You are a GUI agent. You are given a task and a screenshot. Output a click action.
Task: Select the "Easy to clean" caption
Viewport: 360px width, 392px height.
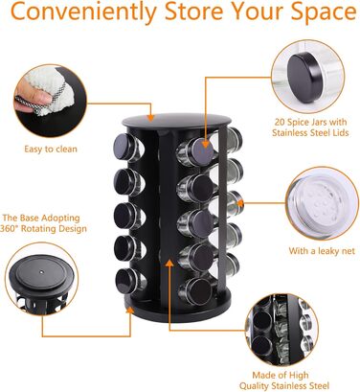[x=51, y=149]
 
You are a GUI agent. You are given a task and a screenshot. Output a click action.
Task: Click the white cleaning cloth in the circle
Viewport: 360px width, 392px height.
[x=48, y=91]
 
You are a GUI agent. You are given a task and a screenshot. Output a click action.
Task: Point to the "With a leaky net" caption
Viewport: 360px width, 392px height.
[x=322, y=251]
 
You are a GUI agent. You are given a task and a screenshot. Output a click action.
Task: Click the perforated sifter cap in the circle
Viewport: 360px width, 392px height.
[x=316, y=204]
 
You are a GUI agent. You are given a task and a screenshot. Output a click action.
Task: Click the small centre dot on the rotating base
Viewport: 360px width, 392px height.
[x=42, y=272]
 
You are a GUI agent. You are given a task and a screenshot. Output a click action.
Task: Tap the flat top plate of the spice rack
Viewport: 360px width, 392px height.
[x=176, y=120]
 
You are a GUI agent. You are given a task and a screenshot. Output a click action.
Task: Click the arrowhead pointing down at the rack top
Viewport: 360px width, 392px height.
[x=150, y=117]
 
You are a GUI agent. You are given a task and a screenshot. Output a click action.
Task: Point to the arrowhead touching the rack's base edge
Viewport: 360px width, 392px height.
[x=129, y=311]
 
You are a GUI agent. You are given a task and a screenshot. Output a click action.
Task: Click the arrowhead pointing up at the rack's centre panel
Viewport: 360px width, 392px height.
[x=169, y=263]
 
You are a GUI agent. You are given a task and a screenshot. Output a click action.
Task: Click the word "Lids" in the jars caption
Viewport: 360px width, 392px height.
[x=339, y=132]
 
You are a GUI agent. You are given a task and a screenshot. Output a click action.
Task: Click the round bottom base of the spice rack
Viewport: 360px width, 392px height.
[x=178, y=306]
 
